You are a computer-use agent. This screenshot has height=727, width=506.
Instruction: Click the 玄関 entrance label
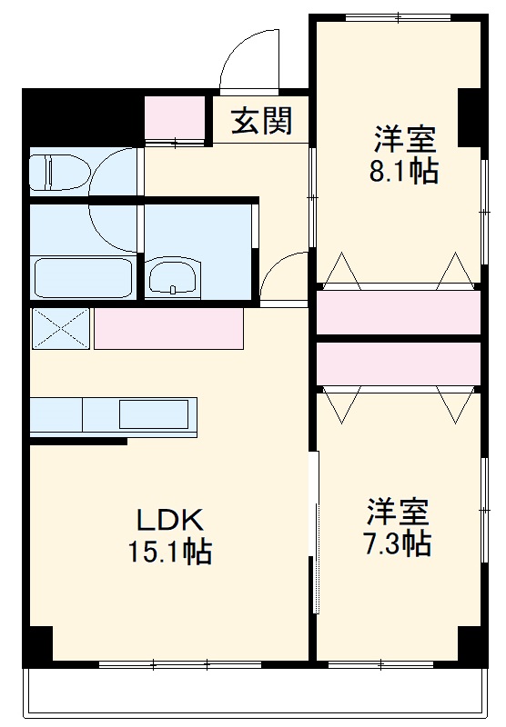260,122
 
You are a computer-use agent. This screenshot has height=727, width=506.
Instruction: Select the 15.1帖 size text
168,551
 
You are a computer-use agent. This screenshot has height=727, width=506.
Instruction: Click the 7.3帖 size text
398,543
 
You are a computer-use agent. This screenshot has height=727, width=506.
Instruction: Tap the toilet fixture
56,172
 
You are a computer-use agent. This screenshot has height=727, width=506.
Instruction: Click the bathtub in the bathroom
82,276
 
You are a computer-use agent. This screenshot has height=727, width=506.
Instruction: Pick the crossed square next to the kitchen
61,328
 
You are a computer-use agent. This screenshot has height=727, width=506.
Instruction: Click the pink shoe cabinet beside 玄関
177,116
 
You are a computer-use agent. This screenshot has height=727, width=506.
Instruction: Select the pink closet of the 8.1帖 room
398,312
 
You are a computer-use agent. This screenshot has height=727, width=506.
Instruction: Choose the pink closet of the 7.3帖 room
398,363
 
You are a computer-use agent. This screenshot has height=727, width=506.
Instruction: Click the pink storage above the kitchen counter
168,328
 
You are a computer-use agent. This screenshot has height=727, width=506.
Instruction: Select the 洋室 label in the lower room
398,512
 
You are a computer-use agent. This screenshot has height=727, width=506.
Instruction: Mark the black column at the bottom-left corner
37,645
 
